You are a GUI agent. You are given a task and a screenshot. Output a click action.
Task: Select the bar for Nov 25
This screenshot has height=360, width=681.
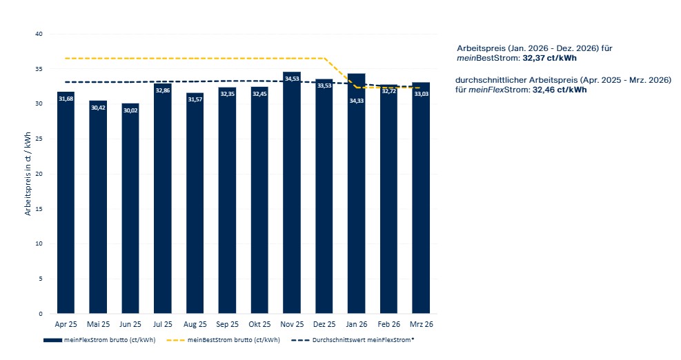click(292, 192)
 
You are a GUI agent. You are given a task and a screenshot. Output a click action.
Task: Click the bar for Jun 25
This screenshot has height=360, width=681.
click(130, 208)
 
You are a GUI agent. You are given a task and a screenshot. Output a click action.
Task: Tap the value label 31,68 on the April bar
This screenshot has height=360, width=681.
click(66, 99)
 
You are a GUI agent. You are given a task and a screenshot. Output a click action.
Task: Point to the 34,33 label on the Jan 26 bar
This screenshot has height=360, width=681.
click(357, 101)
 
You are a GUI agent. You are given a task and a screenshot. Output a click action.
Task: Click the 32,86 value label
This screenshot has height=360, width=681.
click(163, 90)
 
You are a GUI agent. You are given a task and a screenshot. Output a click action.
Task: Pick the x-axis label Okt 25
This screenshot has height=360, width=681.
click(259, 324)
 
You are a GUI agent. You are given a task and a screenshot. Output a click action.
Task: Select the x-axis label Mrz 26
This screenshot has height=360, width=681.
click(422, 324)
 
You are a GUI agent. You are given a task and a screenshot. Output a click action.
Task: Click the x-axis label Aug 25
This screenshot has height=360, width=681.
click(195, 324)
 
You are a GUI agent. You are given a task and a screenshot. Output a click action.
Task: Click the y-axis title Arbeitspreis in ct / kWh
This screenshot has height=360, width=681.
click(28, 174)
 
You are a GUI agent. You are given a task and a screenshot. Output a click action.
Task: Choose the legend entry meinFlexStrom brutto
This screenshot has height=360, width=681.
click(99, 340)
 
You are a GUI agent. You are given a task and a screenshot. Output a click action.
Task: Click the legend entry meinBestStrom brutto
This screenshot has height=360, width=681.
click(224, 340)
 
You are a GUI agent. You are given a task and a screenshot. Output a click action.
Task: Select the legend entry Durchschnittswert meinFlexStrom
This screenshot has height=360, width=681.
click(353, 340)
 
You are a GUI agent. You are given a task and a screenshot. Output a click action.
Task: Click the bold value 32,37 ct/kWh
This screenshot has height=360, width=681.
click(549, 58)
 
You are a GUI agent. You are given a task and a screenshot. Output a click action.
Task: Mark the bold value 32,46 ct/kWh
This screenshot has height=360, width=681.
click(560, 90)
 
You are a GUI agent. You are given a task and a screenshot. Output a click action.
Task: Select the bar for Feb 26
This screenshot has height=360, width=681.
click(388, 199)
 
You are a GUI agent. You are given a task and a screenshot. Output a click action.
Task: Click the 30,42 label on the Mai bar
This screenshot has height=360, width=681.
click(98, 108)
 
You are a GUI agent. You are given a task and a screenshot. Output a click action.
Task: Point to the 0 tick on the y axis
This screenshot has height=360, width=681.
click(41, 314)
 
